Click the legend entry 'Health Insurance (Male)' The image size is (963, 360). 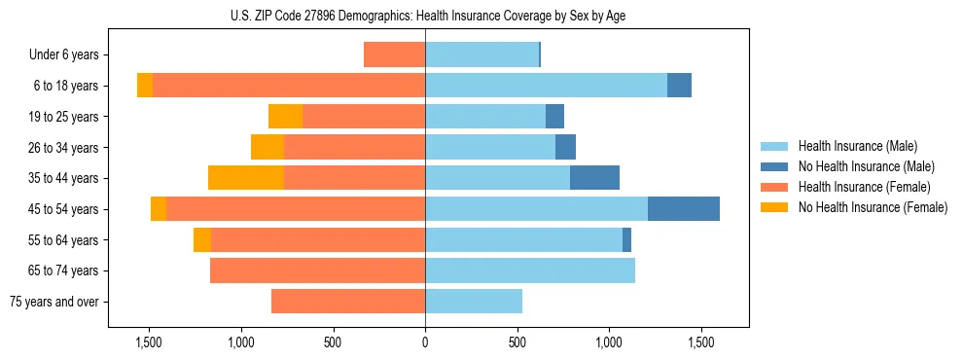(x=857, y=146)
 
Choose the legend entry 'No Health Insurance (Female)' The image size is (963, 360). (x=873, y=207)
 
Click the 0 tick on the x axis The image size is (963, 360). (x=425, y=342)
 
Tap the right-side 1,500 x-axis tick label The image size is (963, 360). (x=701, y=342)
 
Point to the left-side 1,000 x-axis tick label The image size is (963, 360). (x=240, y=342)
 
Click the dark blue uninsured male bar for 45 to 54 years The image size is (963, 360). (x=684, y=209)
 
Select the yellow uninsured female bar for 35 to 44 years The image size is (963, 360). (x=246, y=178)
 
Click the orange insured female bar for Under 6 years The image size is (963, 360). (x=394, y=54)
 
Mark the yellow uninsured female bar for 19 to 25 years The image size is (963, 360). (x=285, y=117)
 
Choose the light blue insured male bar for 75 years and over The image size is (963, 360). (x=474, y=302)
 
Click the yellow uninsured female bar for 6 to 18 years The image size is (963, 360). (x=145, y=86)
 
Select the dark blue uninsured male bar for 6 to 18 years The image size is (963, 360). (x=679, y=86)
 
